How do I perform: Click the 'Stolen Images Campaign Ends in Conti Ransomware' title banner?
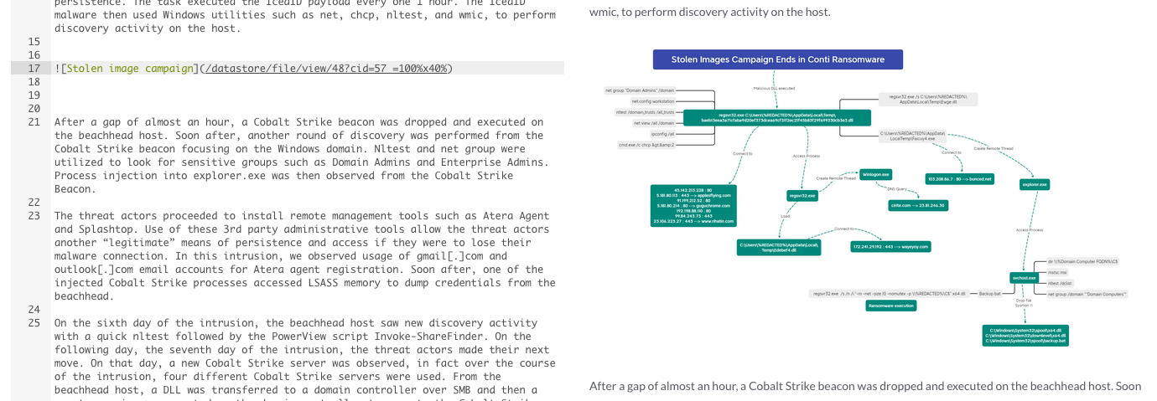pos(777,59)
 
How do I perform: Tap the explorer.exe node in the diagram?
pos(1035,184)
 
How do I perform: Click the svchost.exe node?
pos(1024,277)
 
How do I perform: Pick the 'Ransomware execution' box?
pos(890,306)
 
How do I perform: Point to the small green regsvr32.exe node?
pos(802,195)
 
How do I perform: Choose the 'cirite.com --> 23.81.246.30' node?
pos(917,205)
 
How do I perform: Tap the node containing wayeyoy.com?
pos(890,246)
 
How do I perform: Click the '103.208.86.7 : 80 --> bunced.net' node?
pos(959,178)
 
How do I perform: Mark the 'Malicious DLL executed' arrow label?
pos(774,88)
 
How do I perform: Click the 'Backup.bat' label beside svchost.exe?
pos(989,294)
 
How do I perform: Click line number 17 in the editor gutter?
pos(34,69)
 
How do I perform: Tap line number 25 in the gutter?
pos(34,323)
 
